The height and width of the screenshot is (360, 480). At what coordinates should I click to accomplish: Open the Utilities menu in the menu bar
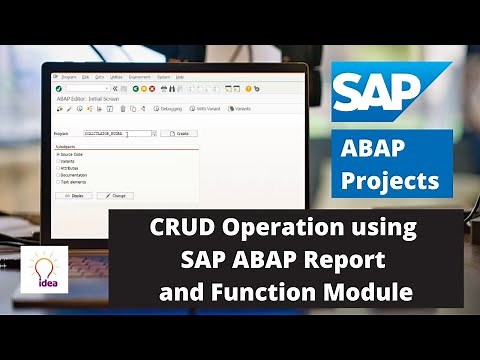(x=116, y=76)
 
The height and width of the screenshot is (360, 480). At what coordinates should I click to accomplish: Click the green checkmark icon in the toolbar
(x=58, y=87)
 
